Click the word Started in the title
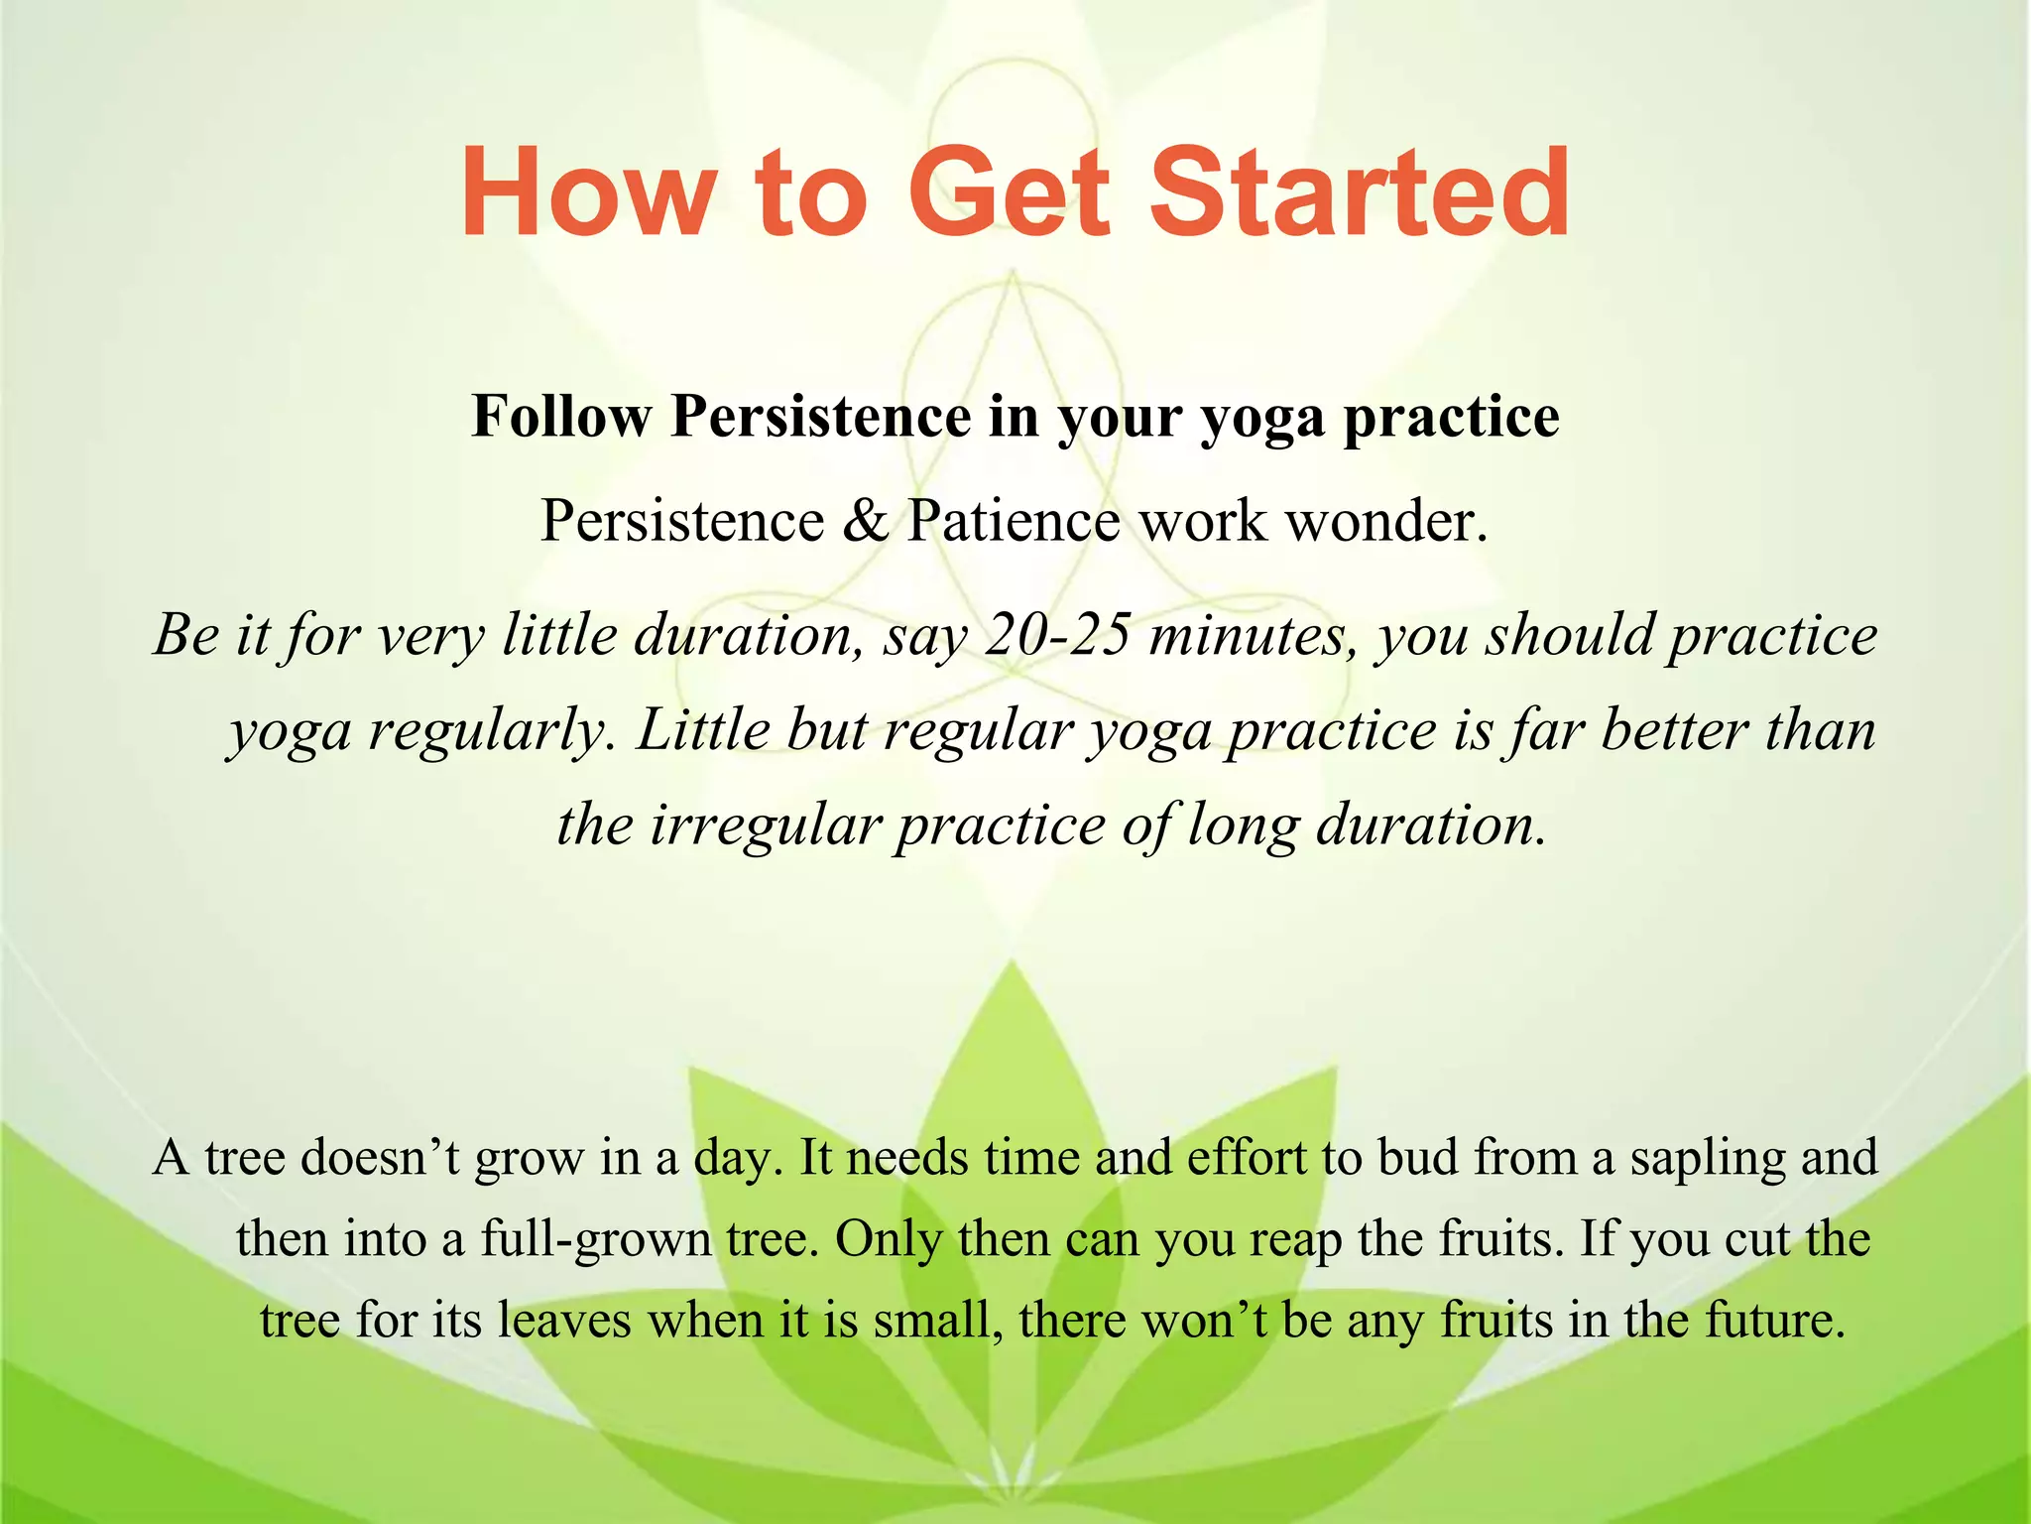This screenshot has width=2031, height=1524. coord(1359,193)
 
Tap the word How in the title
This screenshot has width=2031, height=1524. coord(585,193)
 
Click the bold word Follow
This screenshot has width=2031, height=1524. coord(561,416)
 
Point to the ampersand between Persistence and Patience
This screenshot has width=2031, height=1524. coord(866,521)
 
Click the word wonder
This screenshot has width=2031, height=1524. coord(1386,521)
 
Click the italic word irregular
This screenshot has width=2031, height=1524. coord(766,825)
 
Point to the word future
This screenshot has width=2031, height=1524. coord(1774,1321)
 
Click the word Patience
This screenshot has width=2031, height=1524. coord(1014,521)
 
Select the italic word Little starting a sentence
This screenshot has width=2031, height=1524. coord(703,730)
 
